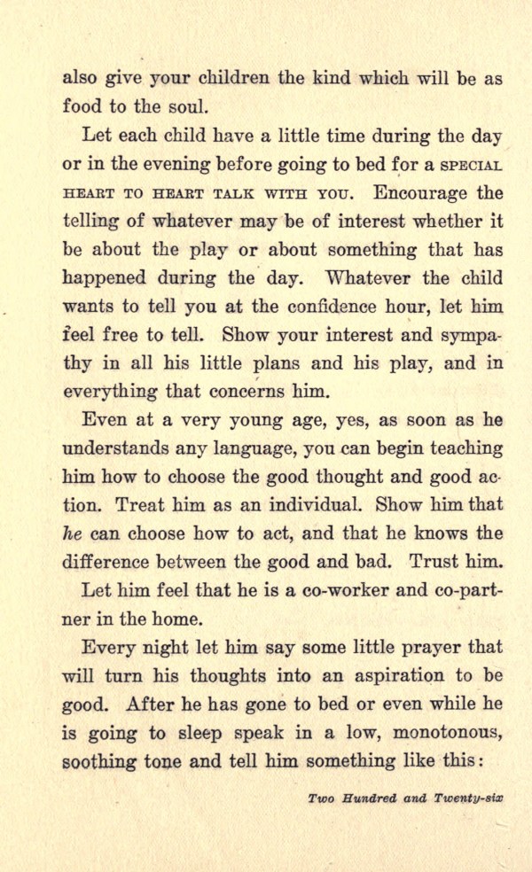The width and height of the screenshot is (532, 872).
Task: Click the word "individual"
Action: tap(313, 505)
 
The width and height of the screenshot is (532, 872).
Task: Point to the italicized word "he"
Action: tap(71, 533)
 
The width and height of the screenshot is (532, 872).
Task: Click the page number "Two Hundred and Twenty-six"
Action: tap(405, 798)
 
